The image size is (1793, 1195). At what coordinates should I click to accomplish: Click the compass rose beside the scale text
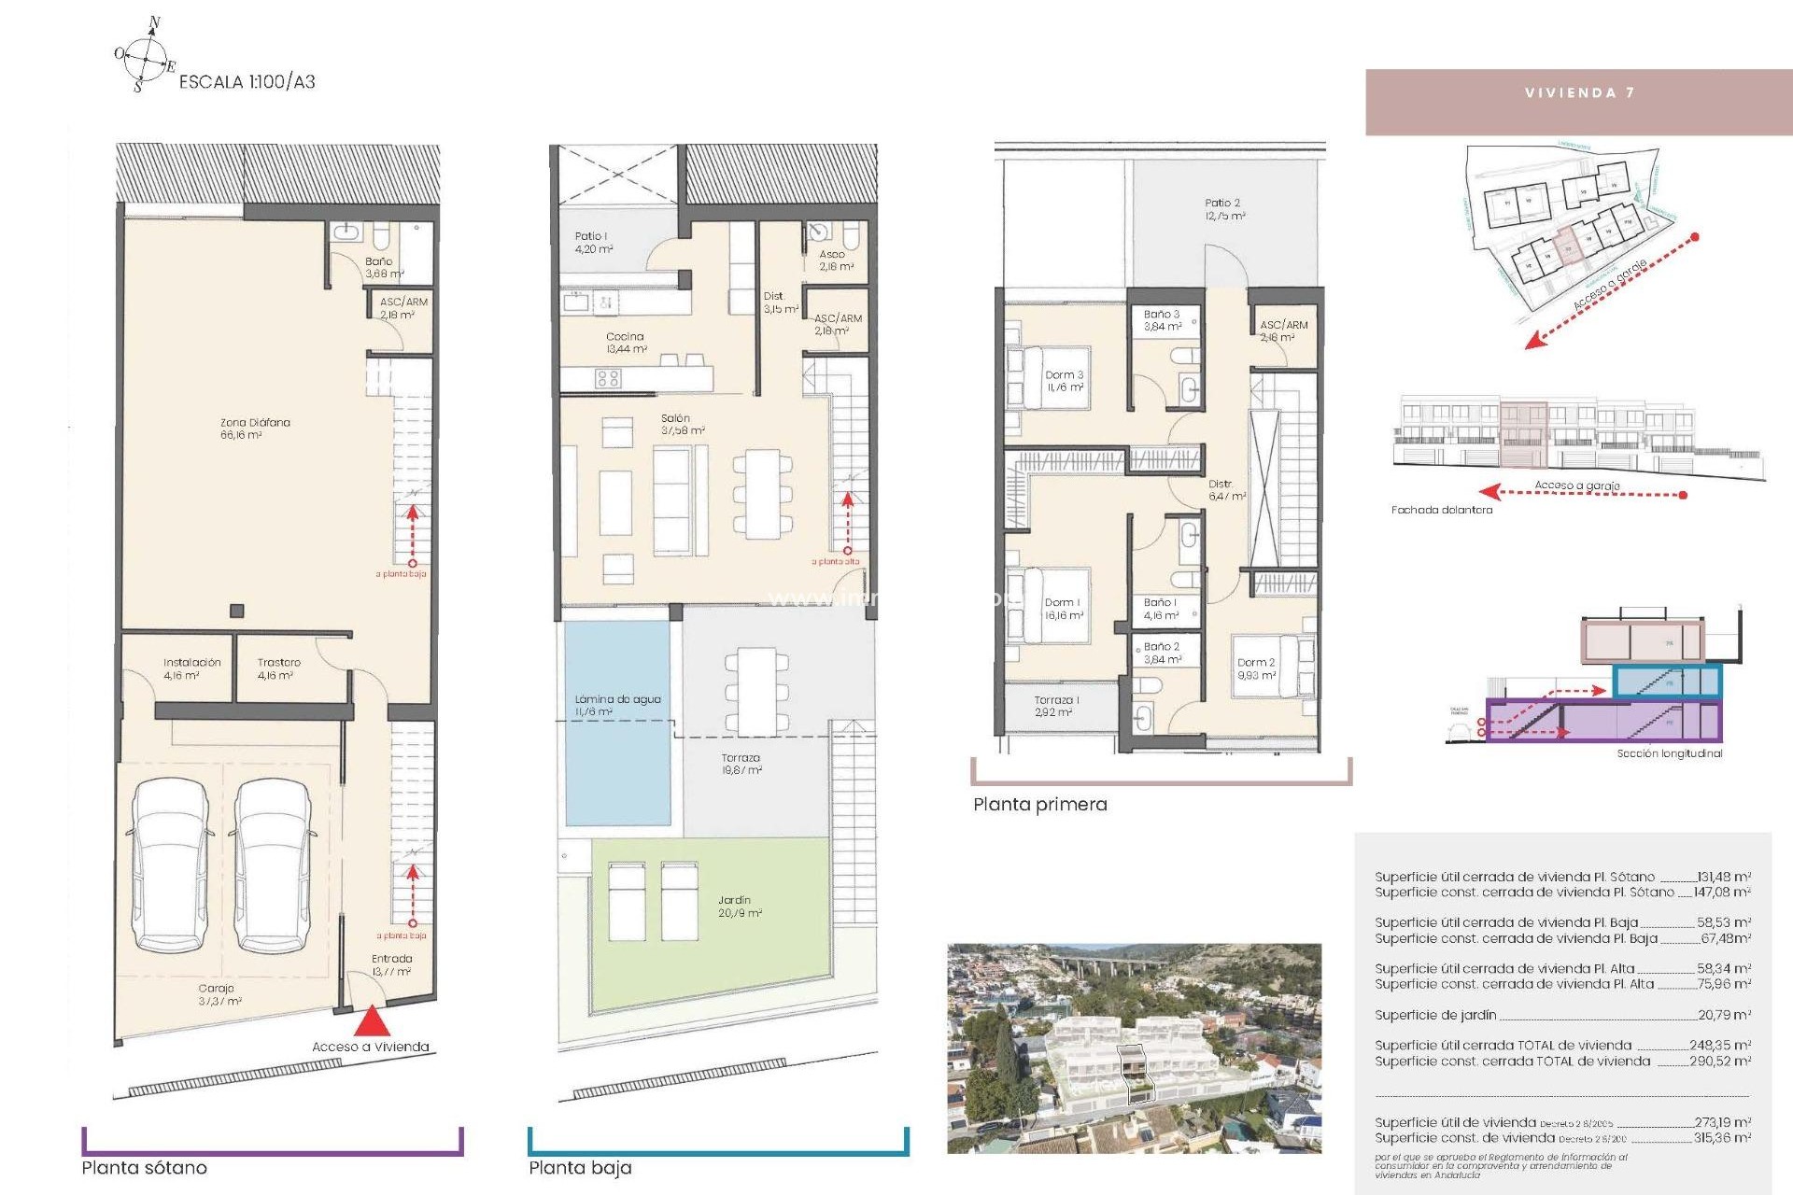click(145, 56)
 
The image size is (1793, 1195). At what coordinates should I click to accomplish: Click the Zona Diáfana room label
click(254, 429)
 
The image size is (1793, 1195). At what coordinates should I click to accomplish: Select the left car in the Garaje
click(169, 866)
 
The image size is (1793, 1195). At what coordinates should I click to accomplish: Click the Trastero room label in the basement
click(277, 668)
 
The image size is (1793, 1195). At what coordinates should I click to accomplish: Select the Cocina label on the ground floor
click(626, 343)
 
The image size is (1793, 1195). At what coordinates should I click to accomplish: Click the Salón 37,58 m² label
click(682, 425)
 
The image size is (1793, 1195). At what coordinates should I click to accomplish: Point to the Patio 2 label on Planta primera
click(1223, 209)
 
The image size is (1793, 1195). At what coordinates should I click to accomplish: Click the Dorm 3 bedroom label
click(1064, 381)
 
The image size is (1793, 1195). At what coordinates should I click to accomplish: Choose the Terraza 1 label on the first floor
click(1056, 706)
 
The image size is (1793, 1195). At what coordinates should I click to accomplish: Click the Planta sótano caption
click(145, 1167)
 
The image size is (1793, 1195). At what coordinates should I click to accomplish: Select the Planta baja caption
click(580, 1167)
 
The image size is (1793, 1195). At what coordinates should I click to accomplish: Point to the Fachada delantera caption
click(1441, 510)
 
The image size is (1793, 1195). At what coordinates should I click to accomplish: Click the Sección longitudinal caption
click(1669, 753)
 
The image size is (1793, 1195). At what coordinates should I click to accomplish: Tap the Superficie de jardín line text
click(1435, 1015)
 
